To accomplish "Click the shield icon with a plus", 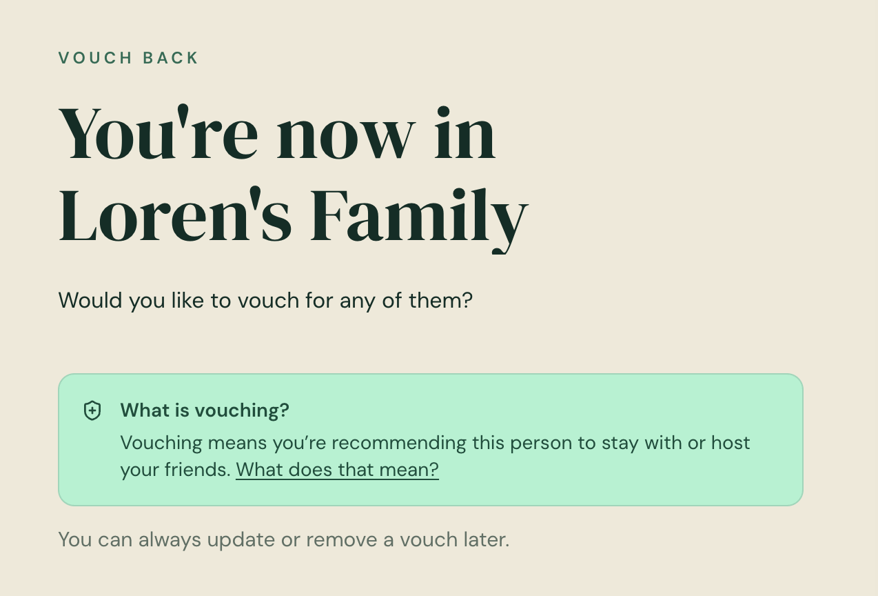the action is [x=92, y=410].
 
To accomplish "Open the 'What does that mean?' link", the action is [x=337, y=470].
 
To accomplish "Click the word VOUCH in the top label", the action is [x=95, y=58].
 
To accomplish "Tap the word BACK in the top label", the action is [x=170, y=58].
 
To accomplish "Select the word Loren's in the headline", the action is [x=175, y=214].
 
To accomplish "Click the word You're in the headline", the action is [x=159, y=132].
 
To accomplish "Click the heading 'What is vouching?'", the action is [x=205, y=410].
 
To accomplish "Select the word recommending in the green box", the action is [x=399, y=443].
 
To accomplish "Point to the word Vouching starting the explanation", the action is [x=161, y=443].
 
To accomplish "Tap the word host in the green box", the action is [x=731, y=443].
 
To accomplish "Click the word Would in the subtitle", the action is [x=90, y=301].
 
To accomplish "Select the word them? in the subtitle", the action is [x=440, y=301].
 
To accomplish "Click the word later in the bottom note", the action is [x=487, y=539].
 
